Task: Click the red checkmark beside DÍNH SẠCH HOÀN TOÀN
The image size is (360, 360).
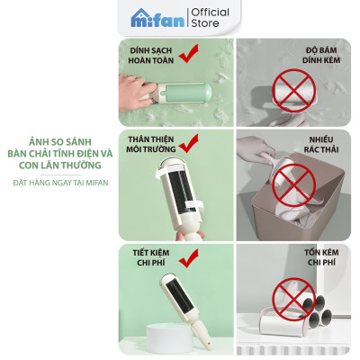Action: point(190,57)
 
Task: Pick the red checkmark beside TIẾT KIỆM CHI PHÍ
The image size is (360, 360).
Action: point(188,259)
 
